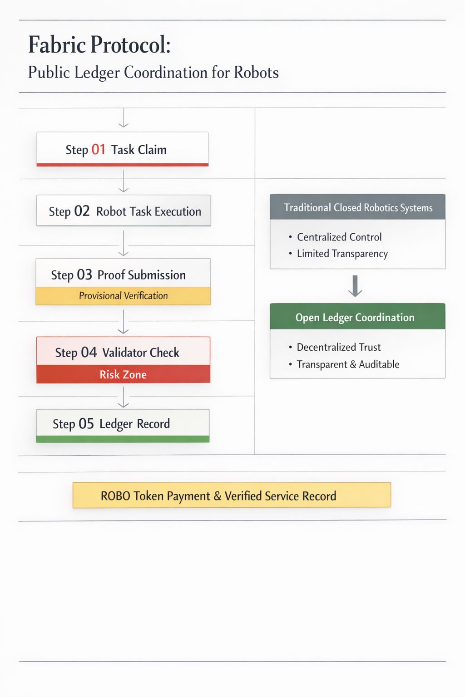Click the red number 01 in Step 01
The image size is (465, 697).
pos(99,149)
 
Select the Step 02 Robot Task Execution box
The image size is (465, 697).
pos(124,211)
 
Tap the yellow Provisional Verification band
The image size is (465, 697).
pos(123,296)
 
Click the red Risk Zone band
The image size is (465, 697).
pos(123,374)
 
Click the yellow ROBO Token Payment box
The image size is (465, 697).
pos(232,495)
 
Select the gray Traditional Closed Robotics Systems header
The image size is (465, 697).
pos(358,207)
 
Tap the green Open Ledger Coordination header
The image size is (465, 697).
pos(358,317)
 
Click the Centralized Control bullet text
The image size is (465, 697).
pos(339,237)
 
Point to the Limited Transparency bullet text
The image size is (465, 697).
pos(342,254)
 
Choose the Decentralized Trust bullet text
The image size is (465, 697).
pos(339,347)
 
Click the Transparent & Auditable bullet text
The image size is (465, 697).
pos(348,364)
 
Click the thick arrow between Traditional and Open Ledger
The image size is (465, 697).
pos(355,286)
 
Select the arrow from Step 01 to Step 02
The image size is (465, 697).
pos(124,181)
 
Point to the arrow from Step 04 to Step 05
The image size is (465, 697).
pos(124,398)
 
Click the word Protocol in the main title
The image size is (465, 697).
pos(130,45)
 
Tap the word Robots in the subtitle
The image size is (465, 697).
pos(256,73)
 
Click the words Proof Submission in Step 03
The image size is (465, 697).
pos(142,275)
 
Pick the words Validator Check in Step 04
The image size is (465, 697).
pos(141,353)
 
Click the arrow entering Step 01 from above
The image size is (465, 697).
pos(124,118)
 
